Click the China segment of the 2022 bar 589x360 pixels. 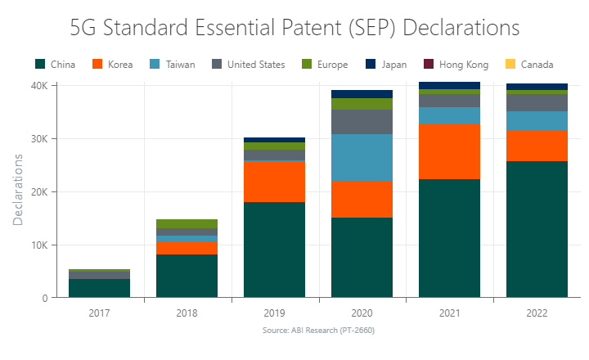pyautogui.click(x=537, y=229)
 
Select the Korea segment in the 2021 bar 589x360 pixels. pyautogui.click(x=449, y=151)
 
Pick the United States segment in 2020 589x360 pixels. pyautogui.click(x=362, y=122)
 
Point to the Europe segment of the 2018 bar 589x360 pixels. pyautogui.click(x=187, y=223)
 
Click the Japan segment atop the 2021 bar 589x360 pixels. pyautogui.click(x=449, y=85)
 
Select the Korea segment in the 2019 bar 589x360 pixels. pyautogui.click(x=274, y=182)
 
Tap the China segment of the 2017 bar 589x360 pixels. pyautogui.click(x=99, y=288)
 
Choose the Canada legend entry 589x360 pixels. pyautogui.click(x=530, y=65)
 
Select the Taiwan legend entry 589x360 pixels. pyautogui.click(x=173, y=65)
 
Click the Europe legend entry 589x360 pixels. pyautogui.click(x=325, y=65)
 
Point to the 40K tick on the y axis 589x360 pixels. pyautogui.click(x=38, y=85)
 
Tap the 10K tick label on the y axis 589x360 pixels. pyautogui.click(x=38, y=245)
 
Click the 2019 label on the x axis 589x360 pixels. pyautogui.click(x=274, y=313)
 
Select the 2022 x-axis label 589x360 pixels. pyautogui.click(x=537, y=313)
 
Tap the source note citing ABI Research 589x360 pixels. pyautogui.click(x=318, y=330)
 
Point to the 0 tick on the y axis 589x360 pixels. pyautogui.click(x=43, y=298)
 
